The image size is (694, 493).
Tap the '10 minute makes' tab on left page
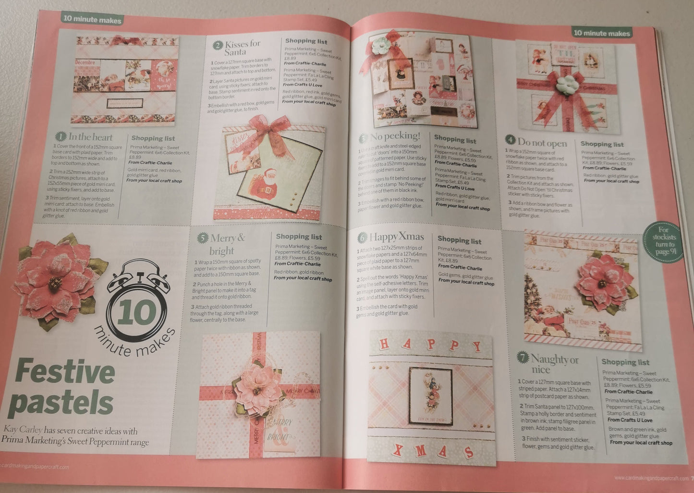(x=91, y=20)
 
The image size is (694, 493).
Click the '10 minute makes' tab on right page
(x=601, y=33)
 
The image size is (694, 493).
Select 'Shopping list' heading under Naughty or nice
(x=625, y=362)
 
